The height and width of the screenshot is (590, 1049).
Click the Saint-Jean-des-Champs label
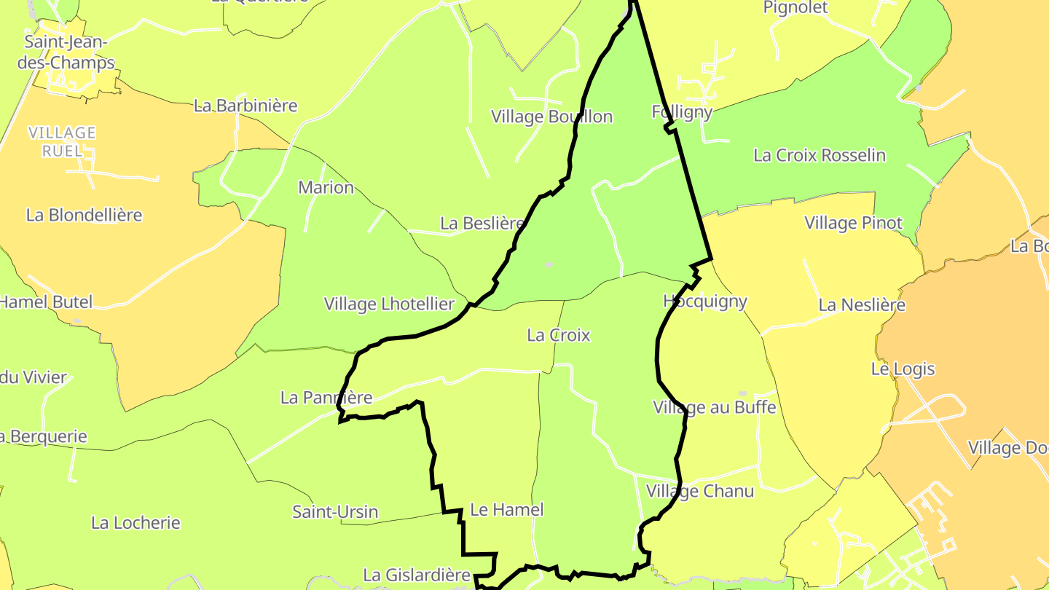(69, 52)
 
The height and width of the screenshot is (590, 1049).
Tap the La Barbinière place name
(245, 106)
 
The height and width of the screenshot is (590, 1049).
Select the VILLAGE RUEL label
(62, 141)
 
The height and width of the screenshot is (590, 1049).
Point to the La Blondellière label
(84, 215)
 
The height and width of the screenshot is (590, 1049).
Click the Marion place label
(326, 187)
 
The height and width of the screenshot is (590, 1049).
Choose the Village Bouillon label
(551, 117)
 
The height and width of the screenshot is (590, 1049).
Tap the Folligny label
(681, 112)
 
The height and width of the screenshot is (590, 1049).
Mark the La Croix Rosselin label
(820, 155)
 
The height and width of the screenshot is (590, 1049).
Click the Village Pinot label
(853, 223)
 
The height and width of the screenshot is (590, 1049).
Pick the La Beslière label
(482, 223)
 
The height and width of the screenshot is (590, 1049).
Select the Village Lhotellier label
(389, 304)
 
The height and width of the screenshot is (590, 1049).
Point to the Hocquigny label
(705, 301)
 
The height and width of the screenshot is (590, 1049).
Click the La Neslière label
(862, 304)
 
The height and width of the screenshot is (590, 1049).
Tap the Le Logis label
(903, 369)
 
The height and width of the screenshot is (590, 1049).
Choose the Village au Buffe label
(715, 407)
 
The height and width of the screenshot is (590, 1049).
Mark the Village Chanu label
(699, 491)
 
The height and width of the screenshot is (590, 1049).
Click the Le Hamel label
(507, 510)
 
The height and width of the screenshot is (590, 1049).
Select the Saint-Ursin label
(335, 512)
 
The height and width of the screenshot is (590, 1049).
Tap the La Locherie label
(135, 523)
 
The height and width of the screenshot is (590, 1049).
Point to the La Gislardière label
(417, 575)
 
